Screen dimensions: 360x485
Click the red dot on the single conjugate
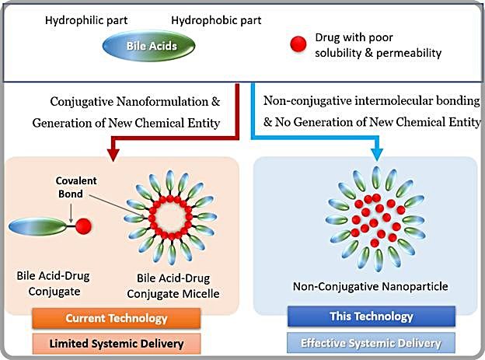pyautogui.click(x=82, y=226)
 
